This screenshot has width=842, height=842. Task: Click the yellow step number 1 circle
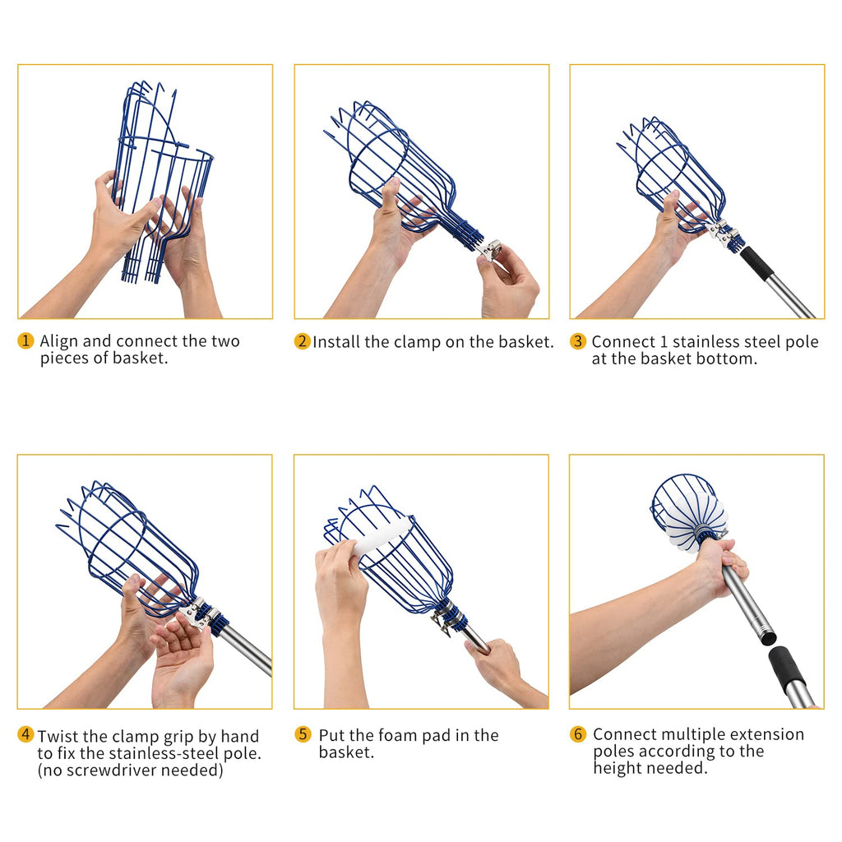[25, 341]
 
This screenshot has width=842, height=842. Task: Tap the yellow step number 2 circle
[303, 341]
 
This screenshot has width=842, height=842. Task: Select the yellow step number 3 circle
[578, 341]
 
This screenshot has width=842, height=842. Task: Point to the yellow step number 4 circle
[25, 734]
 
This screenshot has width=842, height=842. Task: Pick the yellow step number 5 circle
[303, 734]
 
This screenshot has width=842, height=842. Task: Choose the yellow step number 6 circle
[578, 734]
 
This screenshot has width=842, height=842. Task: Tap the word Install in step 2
[336, 342]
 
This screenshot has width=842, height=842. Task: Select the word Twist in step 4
[58, 736]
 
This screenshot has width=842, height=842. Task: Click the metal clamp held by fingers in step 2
[490, 250]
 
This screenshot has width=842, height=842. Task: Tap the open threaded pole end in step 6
[768, 637]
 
